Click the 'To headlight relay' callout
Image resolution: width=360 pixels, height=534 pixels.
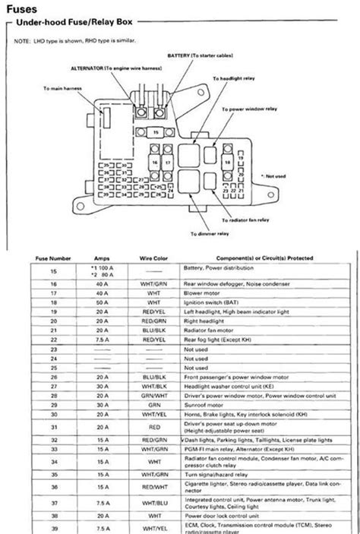point(239,78)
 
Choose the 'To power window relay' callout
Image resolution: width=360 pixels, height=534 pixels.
point(252,109)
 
